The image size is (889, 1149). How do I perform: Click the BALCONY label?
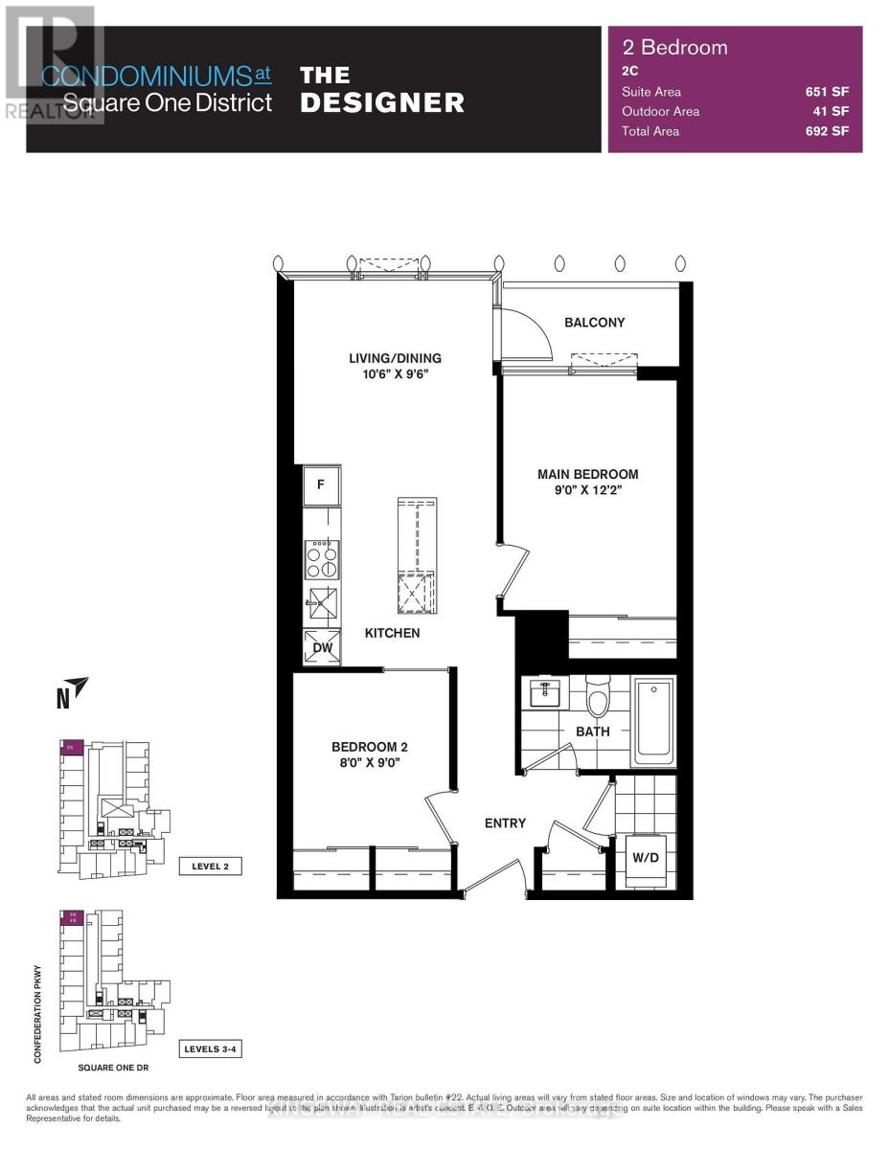point(594,323)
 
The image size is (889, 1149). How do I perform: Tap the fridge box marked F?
point(321,485)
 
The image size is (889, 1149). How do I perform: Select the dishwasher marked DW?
point(323,648)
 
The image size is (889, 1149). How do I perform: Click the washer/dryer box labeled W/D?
point(644,857)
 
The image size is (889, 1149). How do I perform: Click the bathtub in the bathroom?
point(654,721)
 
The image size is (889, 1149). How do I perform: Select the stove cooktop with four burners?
point(322,559)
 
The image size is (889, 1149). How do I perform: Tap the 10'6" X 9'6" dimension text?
point(395,374)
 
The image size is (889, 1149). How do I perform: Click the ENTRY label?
point(505,822)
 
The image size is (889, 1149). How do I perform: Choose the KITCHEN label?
point(392,633)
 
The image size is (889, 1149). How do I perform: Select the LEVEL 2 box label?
point(210,867)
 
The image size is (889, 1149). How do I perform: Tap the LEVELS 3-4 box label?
point(209,1050)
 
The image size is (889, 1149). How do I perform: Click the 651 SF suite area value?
point(828,92)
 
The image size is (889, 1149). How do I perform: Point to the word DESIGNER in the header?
point(382,102)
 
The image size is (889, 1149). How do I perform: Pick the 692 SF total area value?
point(828,131)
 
